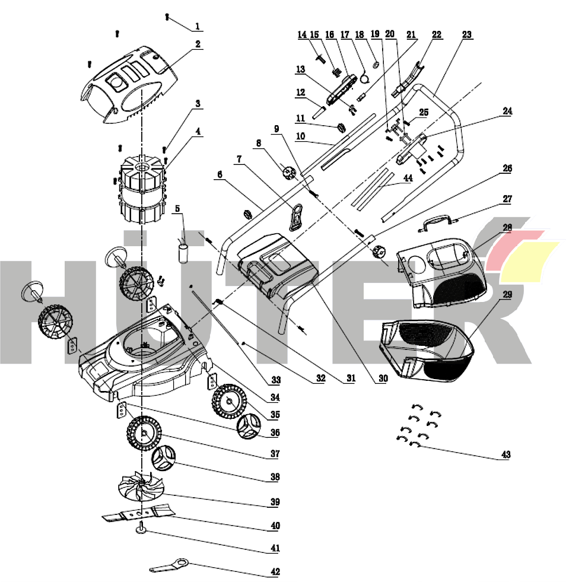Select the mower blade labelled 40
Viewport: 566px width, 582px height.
coord(139,513)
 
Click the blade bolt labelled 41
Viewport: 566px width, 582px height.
coord(143,529)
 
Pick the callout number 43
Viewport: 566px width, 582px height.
coord(505,455)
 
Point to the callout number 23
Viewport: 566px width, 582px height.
coord(467,34)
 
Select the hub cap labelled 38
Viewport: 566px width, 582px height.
coord(165,459)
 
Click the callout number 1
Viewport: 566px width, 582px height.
coord(198,27)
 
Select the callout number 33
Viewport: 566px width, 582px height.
coord(276,380)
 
